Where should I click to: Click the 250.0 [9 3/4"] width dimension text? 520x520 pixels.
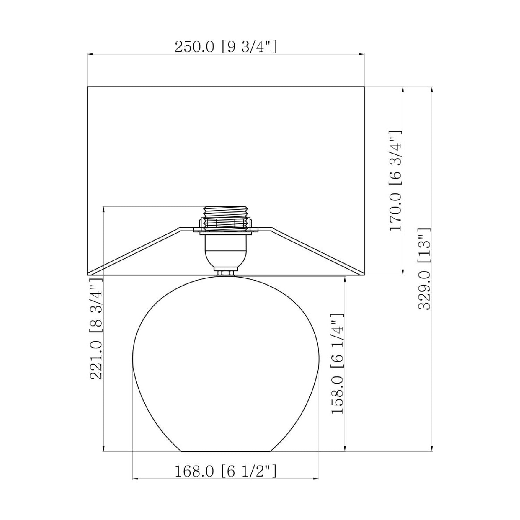click(226, 47)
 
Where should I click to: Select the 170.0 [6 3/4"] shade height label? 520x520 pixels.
click(396, 181)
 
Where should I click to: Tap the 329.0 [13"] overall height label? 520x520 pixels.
click(425, 269)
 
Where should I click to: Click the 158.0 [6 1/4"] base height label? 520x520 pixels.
click(337, 364)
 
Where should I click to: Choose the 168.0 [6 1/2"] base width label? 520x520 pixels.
click(226, 471)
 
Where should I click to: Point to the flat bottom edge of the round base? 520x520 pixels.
click(226, 451)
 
